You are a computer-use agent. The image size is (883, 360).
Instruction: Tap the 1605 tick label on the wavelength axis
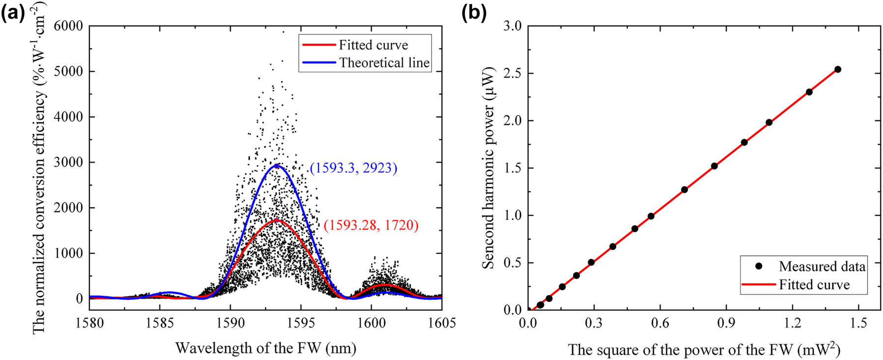click(x=441, y=323)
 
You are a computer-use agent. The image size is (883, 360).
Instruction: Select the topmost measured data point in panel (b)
click(x=838, y=69)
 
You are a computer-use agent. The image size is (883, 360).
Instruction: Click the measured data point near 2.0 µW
click(x=769, y=122)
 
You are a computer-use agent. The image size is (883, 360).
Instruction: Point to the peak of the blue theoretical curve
click(x=277, y=166)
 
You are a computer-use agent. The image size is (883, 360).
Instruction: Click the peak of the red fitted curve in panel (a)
click(x=277, y=220)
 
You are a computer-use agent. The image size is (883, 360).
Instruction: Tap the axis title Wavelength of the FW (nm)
click(x=265, y=348)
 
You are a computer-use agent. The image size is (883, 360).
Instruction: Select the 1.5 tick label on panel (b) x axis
click(x=858, y=323)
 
